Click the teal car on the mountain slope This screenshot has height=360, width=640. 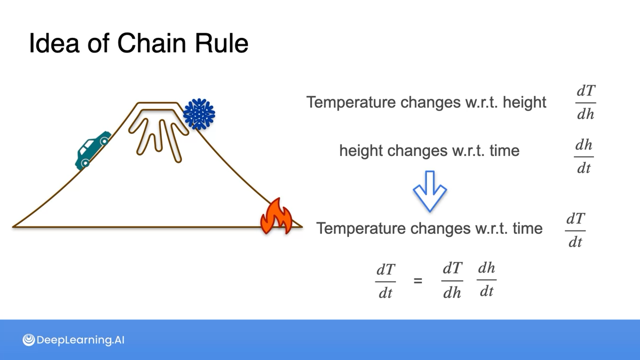[x=92, y=150]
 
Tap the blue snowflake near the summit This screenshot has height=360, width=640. [x=199, y=114]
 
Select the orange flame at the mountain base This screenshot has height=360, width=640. [x=276, y=217]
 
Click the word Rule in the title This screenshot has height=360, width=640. [x=222, y=44]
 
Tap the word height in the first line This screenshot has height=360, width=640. [x=524, y=102]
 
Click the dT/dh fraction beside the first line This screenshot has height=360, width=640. [x=586, y=103]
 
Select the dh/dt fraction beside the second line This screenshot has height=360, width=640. [x=584, y=157]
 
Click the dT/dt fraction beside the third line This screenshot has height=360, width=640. [x=575, y=230]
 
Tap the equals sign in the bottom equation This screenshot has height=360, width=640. [x=418, y=281]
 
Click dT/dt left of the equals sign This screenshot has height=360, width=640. [x=386, y=281]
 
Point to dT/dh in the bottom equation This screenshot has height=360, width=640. [x=452, y=281]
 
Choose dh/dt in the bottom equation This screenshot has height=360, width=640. [x=487, y=280]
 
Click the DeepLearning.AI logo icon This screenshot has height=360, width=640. [x=29, y=340]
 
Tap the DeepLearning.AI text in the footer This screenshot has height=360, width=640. [x=80, y=340]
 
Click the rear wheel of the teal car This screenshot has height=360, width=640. [x=85, y=163]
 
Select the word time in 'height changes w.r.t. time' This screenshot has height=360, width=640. [x=504, y=151]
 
